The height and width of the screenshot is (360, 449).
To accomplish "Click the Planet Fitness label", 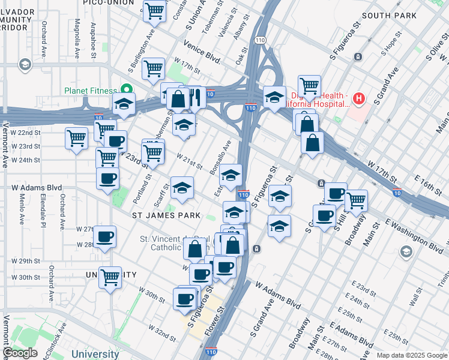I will (90, 91).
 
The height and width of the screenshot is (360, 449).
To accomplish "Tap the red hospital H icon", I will (359, 98).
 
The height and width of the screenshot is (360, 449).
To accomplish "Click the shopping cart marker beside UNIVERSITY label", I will (110, 278).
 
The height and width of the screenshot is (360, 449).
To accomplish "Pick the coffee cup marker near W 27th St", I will (105, 238).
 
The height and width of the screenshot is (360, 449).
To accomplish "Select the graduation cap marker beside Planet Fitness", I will (124, 104).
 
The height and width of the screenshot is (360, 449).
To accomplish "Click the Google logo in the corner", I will (20, 353).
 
